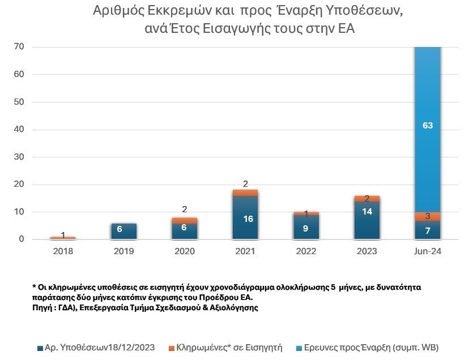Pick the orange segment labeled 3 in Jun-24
pos(428,216)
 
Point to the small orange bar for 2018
pos(63,238)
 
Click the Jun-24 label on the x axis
pos(428,251)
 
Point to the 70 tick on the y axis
pos(19,47)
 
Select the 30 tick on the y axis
pos(19,157)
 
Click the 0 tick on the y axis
pos(22,239)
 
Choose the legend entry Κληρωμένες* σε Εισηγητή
pos(229,347)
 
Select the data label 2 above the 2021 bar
pos(245,183)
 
